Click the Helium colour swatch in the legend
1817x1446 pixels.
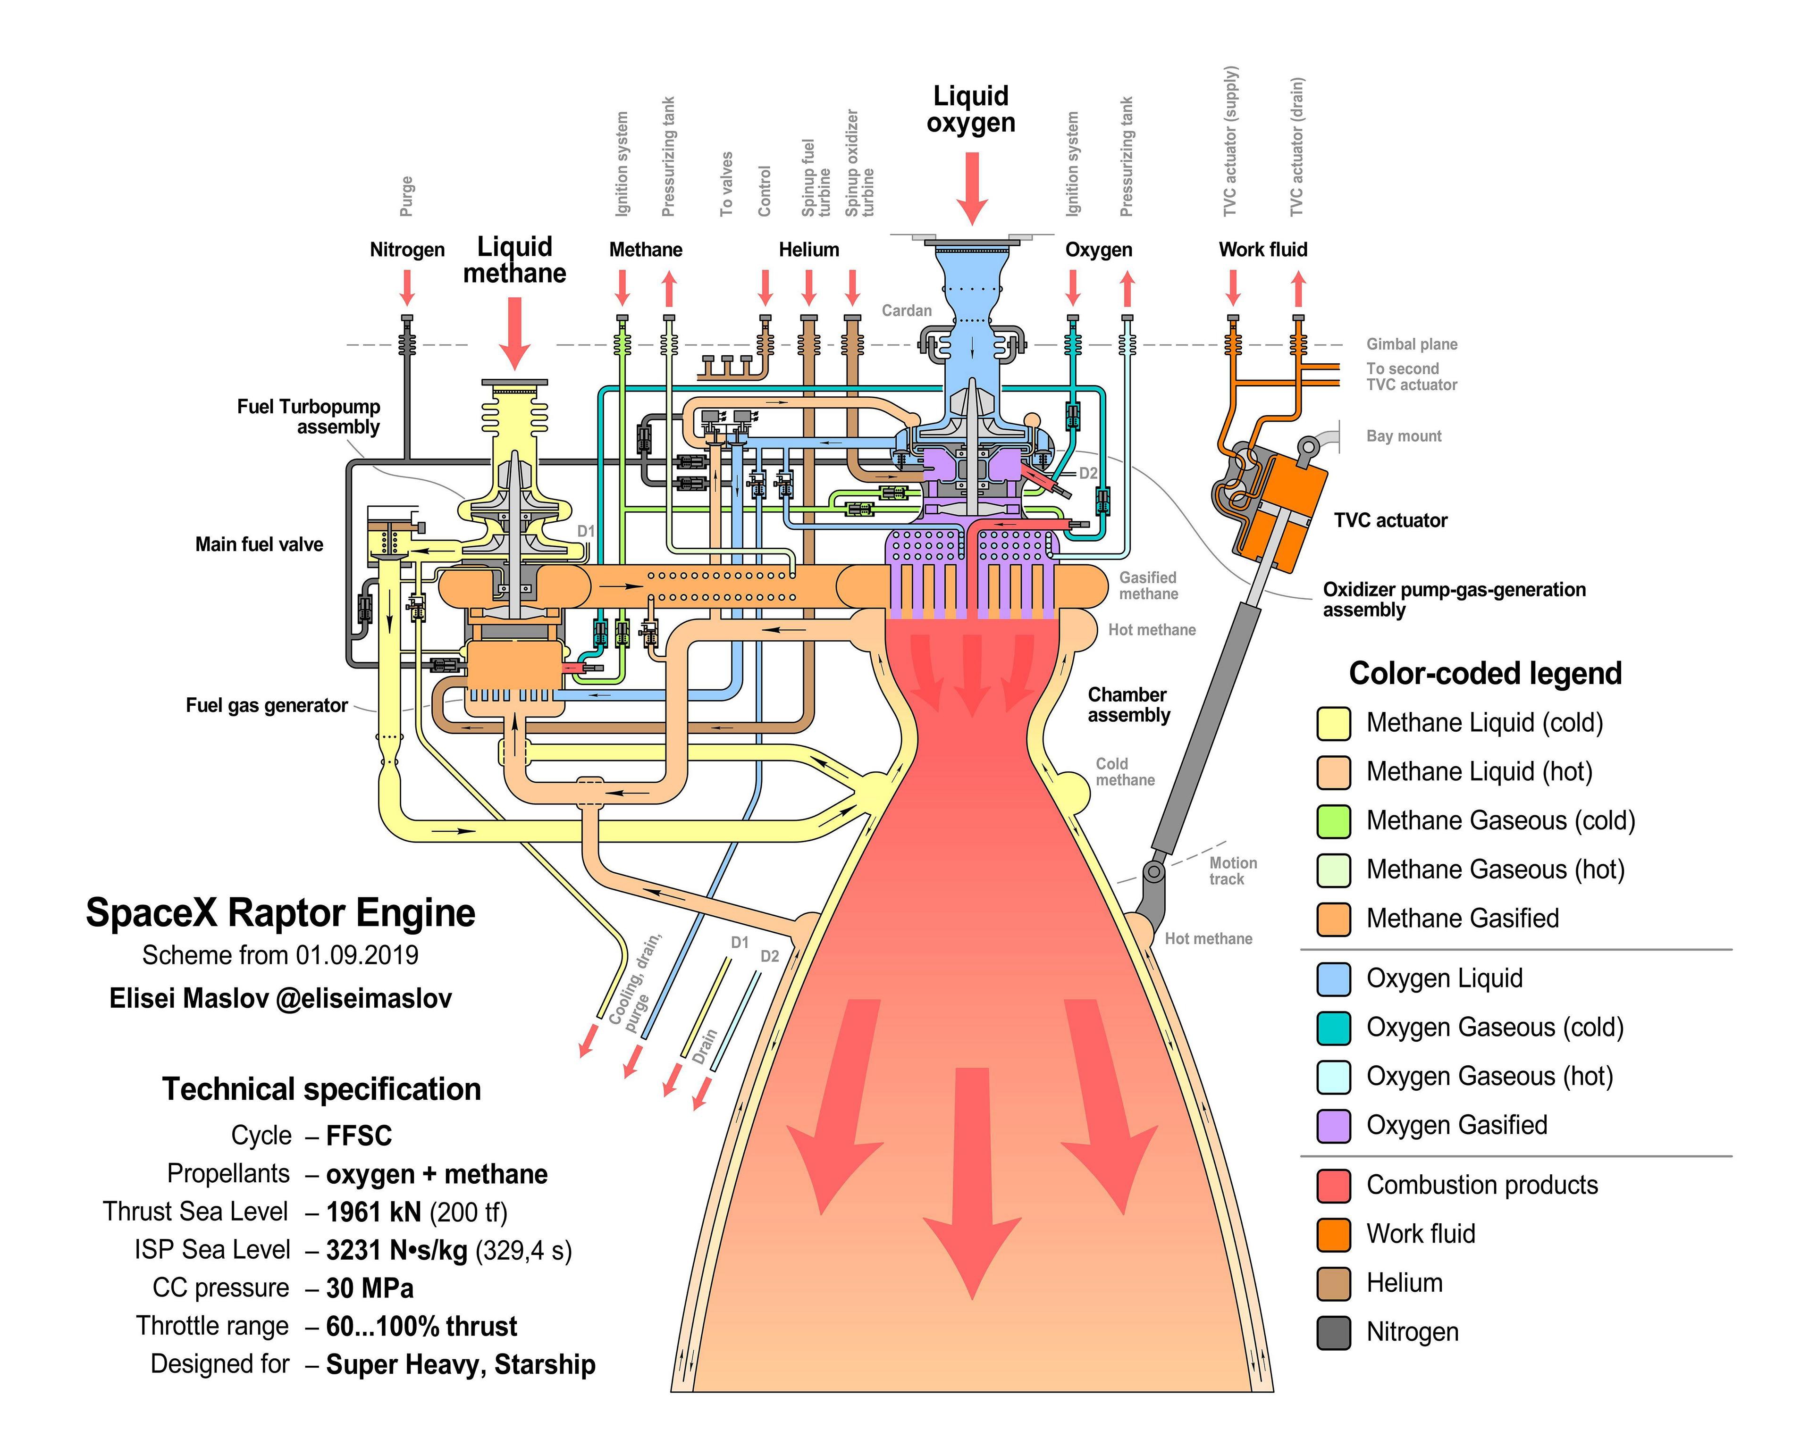(1333, 1283)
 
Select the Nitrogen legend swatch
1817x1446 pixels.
(1333, 1332)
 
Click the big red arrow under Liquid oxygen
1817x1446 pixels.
(972, 187)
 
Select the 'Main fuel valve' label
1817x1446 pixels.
(259, 544)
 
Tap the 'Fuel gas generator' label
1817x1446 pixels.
(266, 705)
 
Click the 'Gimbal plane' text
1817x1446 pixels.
(1412, 344)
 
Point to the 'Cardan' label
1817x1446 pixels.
(907, 310)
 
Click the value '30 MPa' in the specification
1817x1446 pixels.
(370, 1288)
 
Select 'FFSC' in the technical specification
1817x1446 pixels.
(359, 1136)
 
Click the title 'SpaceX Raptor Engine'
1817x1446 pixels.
(281, 912)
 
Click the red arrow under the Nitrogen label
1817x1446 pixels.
(407, 287)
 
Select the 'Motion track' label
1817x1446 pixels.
(1232, 870)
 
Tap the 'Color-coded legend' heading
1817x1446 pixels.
(1485, 673)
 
